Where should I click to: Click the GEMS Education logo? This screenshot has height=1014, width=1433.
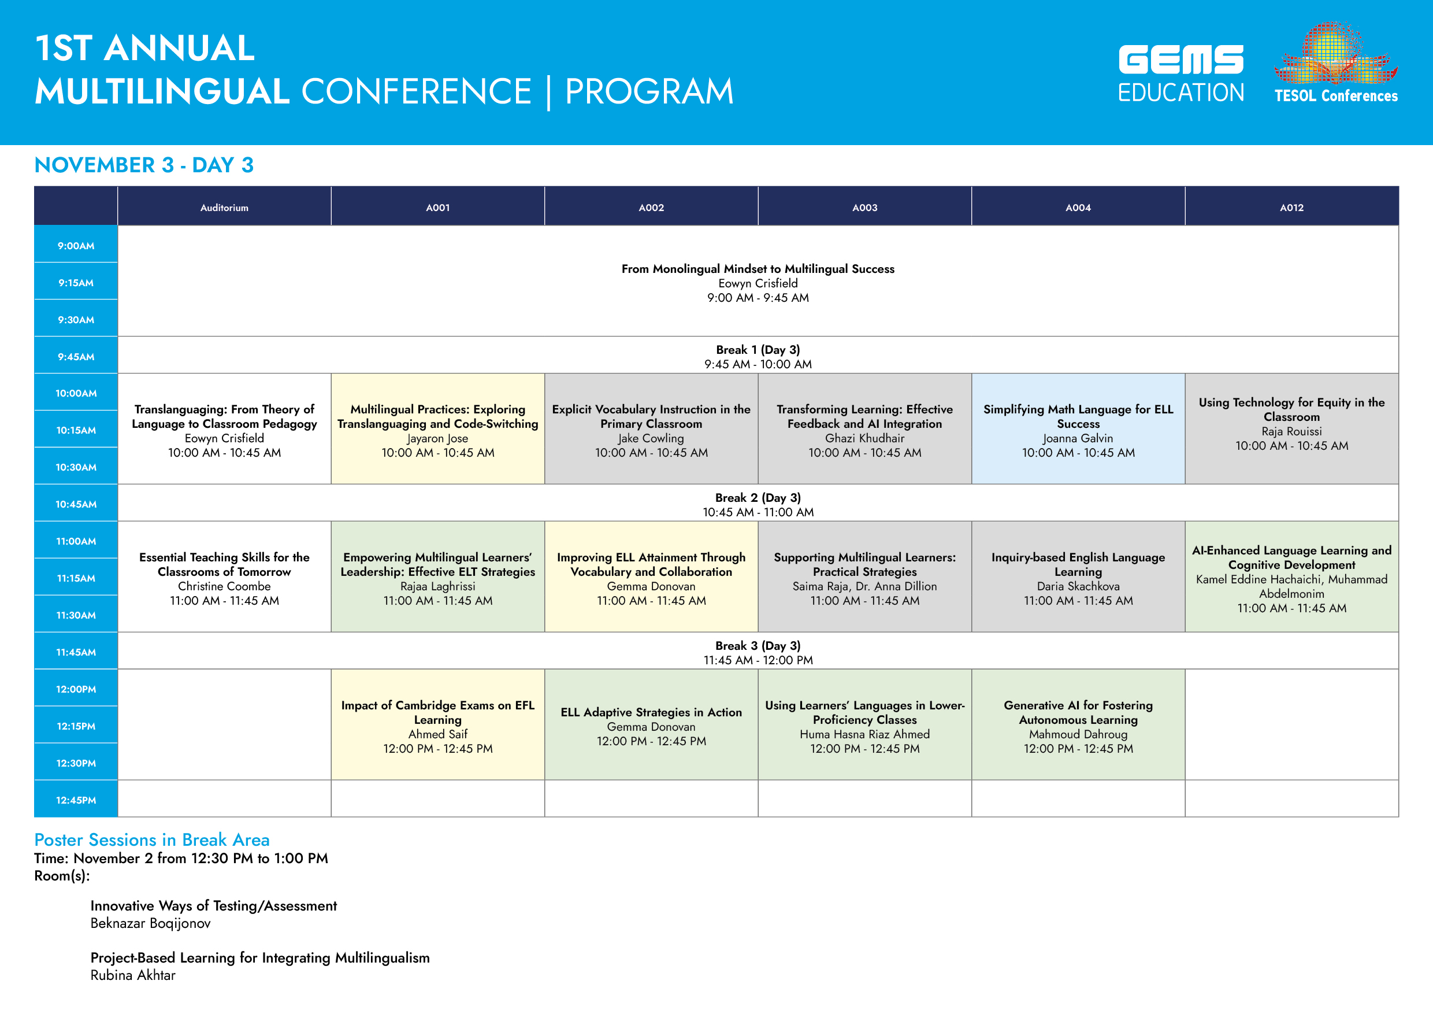[x=1181, y=73]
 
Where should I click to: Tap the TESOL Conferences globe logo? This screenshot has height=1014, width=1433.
[x=1335, y=62]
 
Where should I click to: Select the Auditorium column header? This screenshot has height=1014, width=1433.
[x=224, y=208]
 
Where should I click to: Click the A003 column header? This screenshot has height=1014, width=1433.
[x=864, y=208]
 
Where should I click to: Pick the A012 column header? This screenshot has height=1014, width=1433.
[x=1291, y=208]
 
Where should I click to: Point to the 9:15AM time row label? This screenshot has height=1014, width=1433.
[x=76, y=283]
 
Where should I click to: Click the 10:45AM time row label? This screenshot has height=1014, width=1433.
[x=76, y=504]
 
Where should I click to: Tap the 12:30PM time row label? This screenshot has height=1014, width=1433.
[x=76, y=763]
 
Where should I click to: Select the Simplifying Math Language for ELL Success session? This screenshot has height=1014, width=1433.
[x=1078, y=429]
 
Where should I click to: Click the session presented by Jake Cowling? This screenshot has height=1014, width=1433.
[x=651, y=429]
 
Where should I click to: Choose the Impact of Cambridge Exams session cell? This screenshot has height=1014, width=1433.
[x=437, y=724]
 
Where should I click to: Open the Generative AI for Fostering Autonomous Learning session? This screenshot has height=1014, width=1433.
[x=1078, y=724]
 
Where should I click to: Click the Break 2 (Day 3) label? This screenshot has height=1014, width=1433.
[x=758, y=498]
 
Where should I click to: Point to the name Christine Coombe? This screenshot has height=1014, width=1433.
[x=224, y=586]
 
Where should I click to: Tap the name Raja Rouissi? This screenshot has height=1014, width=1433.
[x=1291, y=431]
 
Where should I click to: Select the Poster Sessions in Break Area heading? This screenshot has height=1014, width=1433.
[x=151, y=840]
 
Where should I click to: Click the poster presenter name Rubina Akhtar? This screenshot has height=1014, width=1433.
[x=133, y=975]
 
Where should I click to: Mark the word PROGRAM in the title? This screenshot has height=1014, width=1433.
[x=649, y=91]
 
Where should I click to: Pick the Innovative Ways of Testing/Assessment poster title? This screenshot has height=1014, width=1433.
[x=213, y=906]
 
